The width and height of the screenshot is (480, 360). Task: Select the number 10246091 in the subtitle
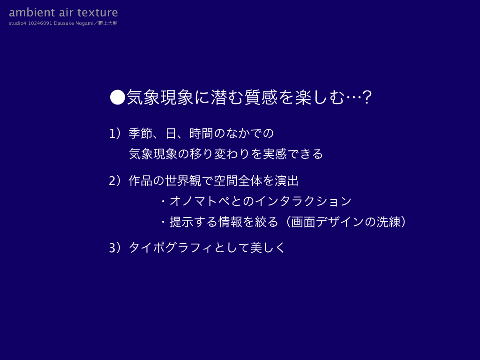pyautogui.click(x=40, y=23)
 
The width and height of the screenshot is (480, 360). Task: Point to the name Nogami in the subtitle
pyautogui.click(x=84, y=23)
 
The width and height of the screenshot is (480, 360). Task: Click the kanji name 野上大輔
pyautogui.click(x=108, y=23)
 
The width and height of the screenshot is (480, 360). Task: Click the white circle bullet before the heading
pyautogui.click(x=118, y=97)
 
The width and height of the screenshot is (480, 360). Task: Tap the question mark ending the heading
pyautogui.click(x=367, y=97)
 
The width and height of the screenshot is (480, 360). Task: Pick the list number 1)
pyautogui.click(x=115, y=134)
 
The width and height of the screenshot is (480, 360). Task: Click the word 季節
pyautogui.click(x=141, y=134)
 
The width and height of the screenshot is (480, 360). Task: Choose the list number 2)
pyautogui.click(x=115, y=181)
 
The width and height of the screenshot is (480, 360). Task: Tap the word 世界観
pyautogui.click(x=183, y=180)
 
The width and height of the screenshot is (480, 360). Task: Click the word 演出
pyautogui.click(x=286, y=180)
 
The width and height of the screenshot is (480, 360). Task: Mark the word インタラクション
pyautogui.click(x=303, y=201)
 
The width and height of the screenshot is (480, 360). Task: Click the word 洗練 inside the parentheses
pyautogui.click(x=389, y=222)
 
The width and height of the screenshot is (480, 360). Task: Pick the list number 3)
pyautogui.click(x=115, y=247)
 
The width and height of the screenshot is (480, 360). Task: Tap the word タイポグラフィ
pyautogui.click(x=170, y=247)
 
